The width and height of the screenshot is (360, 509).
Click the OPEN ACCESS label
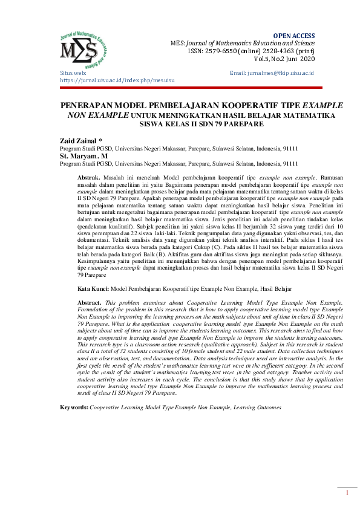[294, 36]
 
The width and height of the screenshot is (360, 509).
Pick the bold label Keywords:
[74, 407]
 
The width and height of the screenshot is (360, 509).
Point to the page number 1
[347, 493]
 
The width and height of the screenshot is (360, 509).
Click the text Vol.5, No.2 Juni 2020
[284, 59]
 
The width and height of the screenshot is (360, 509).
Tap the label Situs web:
[73, 73]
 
